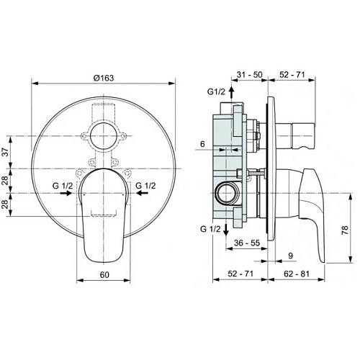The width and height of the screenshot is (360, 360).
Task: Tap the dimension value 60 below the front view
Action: click(x=104, y=274)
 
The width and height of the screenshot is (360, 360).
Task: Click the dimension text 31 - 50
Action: click(x=249, y=74)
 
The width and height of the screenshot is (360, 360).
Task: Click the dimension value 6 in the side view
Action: click(x=204, y=144)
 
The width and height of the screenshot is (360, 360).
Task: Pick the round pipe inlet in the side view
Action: click(x=225, y=193)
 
